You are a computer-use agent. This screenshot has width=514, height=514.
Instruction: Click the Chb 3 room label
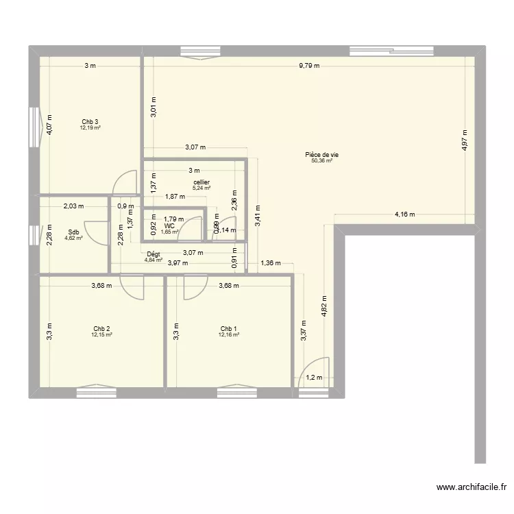90,121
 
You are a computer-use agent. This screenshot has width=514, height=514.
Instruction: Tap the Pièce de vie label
321,155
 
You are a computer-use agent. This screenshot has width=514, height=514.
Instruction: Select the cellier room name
201,182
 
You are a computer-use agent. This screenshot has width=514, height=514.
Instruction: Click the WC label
169,225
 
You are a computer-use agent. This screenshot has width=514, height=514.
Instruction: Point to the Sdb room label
73,232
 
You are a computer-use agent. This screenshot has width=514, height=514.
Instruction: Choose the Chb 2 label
101,328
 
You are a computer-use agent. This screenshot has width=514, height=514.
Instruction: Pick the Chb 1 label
228,328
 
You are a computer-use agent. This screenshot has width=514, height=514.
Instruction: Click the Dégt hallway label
154,254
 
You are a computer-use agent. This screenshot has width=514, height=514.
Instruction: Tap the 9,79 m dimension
309,66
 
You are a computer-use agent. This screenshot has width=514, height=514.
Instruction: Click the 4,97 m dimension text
464,140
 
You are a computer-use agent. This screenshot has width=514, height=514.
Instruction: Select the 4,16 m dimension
404,215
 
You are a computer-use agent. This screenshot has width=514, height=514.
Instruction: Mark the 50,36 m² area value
321,161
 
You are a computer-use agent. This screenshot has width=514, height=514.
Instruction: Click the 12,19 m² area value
90,127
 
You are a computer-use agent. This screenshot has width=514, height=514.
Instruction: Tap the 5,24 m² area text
201,188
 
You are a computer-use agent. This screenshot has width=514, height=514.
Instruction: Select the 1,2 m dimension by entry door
313,378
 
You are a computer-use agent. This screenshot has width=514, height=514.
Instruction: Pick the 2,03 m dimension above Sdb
73,206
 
